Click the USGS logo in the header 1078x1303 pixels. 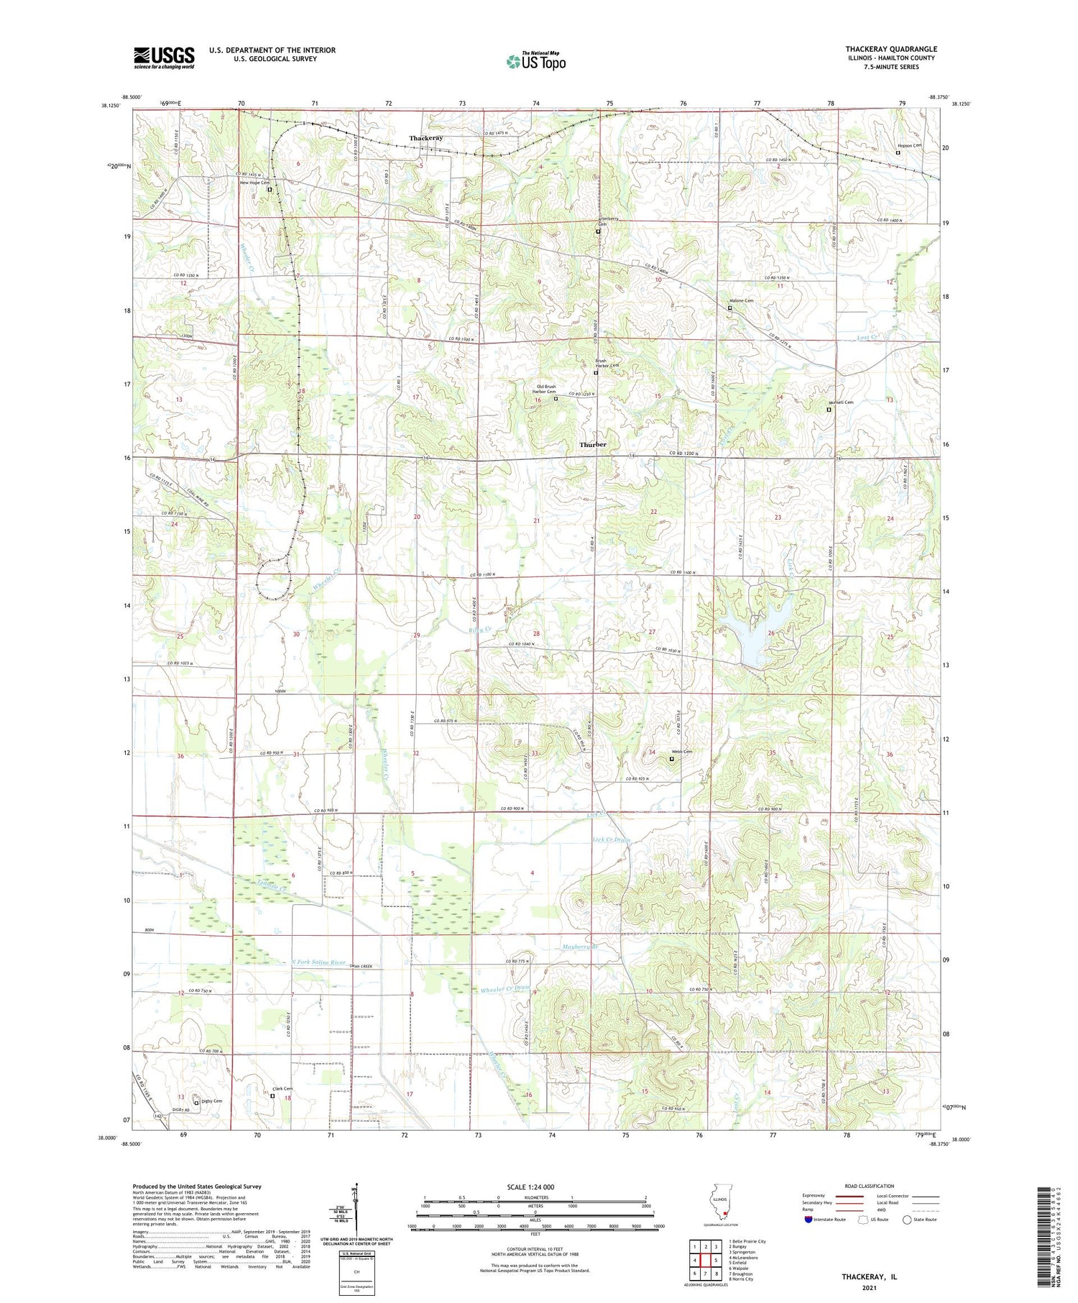pos(164,57)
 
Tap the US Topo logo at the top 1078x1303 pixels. pos(535,62)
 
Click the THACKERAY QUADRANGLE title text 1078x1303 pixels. pos(890,49)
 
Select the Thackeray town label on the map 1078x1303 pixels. pos(426,138)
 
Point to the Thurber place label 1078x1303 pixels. pos(593,445)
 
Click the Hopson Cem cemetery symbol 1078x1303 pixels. pos(898,152)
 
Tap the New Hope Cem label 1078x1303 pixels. pos(254,183)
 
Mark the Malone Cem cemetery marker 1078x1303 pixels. pos(729,308)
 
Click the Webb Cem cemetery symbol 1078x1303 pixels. pos(672,759)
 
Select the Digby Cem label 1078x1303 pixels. pos(211,1101)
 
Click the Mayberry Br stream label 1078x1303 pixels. pos(581,947)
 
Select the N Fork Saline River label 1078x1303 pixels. pos(318,962)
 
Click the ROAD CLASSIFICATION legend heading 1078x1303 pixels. pos(870,1186)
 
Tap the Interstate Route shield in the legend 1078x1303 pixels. pos(808,1220)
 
